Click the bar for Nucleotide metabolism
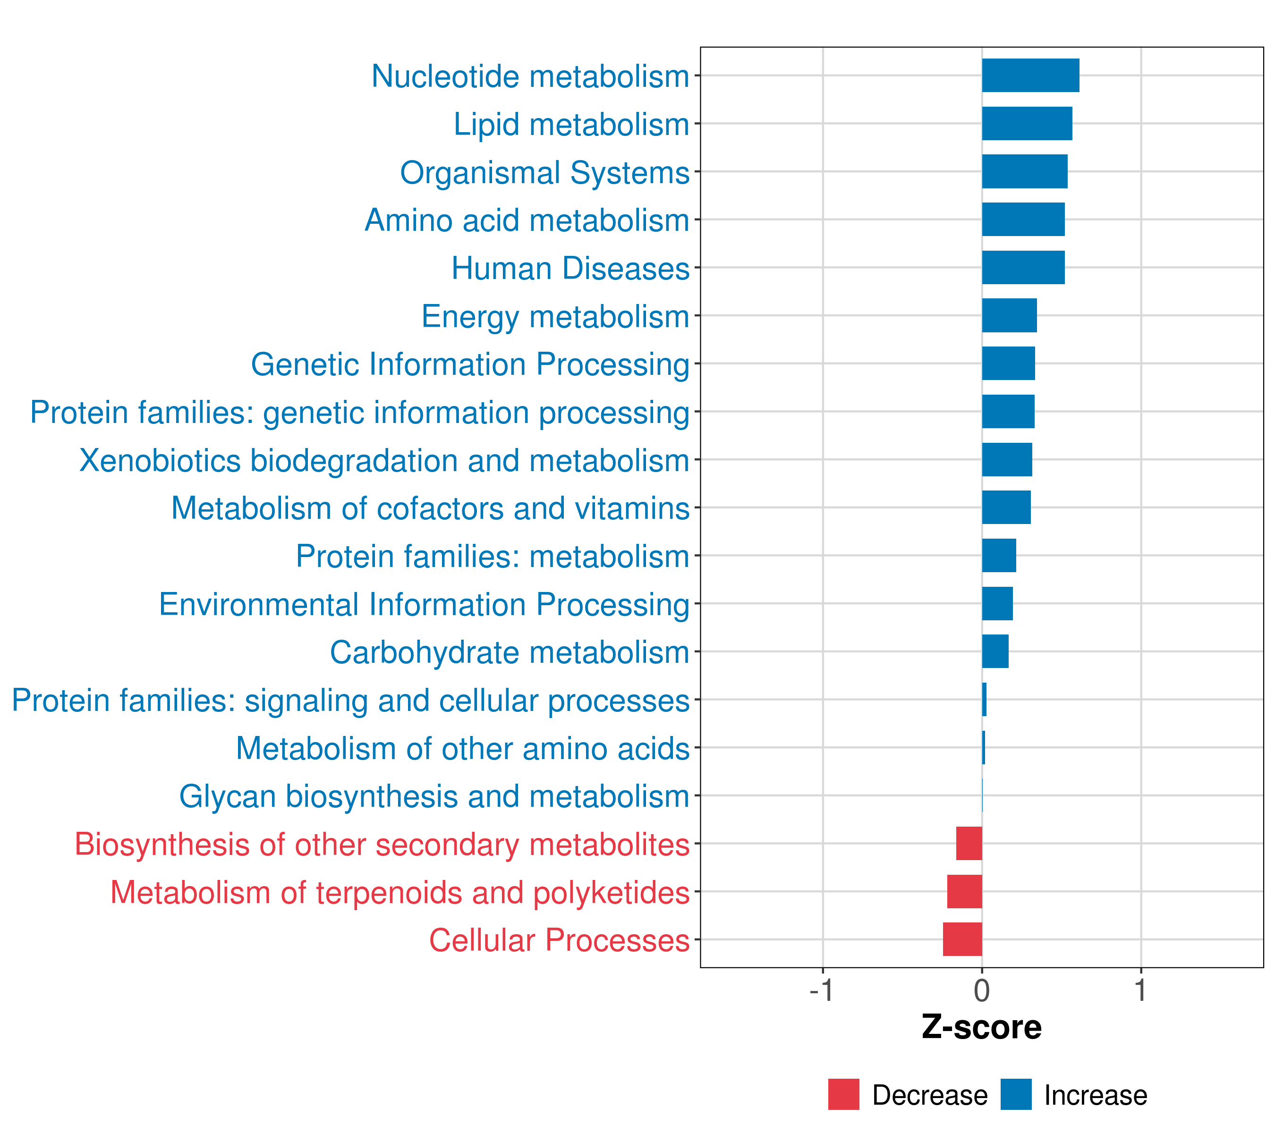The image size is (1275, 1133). pos(1030,76)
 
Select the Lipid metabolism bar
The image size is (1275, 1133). pos(1027,124)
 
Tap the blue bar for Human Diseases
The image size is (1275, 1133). pos(1023,268)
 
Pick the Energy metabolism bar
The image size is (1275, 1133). pos(1009,315)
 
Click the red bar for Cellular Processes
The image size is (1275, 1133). pos(962,939)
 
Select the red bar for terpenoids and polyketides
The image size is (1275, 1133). pos(964,891)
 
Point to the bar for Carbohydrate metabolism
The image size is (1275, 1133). pos(995,651)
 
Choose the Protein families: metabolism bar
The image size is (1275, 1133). pos(999,556)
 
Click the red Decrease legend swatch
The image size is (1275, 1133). pos(843,1094)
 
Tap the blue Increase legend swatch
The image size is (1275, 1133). pos(1015,1094)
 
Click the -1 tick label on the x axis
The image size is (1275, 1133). pos(822,991)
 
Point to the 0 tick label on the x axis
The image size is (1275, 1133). pos(982,991)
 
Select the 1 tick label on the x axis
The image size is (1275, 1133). pos(1140,991)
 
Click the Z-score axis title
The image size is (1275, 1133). pos(981,1028)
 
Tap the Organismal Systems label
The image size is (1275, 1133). pos(544,173)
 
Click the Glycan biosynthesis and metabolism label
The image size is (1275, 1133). pos(434,796)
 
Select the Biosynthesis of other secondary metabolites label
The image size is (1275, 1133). pos(382,844)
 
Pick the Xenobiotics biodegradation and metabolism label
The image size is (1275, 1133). pos(384,461)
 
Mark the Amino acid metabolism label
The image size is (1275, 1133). pos(527,220)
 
